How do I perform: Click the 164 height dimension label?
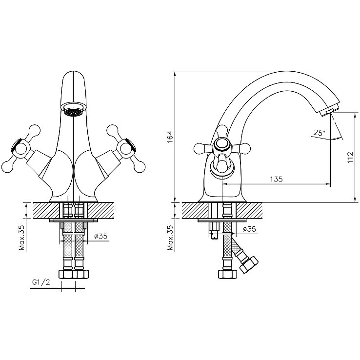coord(170,137)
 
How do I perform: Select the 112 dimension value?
coord(350,157)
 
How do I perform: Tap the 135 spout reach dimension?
coord(276,179)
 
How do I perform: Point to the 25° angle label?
coord(320,133)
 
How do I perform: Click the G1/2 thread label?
coord(41,282)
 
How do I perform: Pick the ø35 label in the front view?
coord(101,236)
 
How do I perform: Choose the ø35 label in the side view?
coord(249,229)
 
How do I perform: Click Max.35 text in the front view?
coord(22,238)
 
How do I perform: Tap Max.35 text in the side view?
coord(170,238)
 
